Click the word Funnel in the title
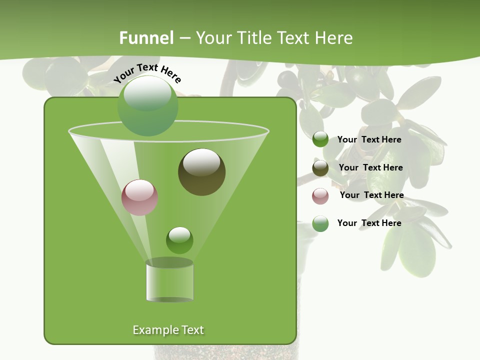point(146,38)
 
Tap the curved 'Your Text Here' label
point(147,73)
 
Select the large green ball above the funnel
point(148,105)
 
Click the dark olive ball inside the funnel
point(202,172)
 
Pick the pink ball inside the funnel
point(140,197)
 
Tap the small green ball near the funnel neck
point(179,240)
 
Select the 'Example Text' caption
point(168,330)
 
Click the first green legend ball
point(320,139)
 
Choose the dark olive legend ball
point(320,168)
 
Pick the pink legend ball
point(320,195)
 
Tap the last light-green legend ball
point(320,223)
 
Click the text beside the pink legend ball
point(371,195)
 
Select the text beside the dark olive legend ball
point(370,167)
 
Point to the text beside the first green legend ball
point(369,139)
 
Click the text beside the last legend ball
point(369,223)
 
